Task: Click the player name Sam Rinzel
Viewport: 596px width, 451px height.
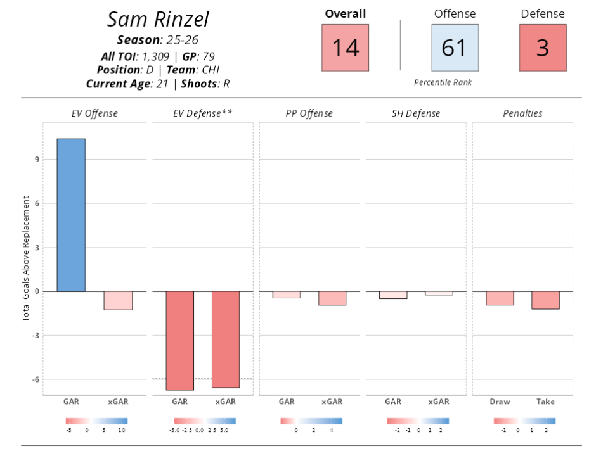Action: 158,19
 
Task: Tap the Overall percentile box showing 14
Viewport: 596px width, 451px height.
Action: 346,48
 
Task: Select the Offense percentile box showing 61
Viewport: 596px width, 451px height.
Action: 455,48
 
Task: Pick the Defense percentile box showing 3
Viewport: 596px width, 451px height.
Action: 542,48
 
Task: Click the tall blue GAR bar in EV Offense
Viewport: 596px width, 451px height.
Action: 71,215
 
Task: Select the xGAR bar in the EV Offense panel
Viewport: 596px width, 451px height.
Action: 118,300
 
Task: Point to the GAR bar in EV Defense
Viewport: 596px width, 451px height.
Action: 180,340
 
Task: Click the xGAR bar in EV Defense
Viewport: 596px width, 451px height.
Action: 226,339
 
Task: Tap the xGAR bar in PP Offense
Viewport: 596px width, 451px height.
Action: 332,298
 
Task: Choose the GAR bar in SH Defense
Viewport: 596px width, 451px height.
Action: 393,295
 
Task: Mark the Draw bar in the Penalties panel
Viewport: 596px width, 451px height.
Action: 500,298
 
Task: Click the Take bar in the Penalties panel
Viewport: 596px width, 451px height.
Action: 545,300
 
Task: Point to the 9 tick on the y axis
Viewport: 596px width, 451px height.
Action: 36,160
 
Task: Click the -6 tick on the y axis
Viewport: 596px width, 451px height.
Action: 35,379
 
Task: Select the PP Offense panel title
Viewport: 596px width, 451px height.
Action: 309,113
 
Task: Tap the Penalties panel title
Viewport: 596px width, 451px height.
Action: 522,113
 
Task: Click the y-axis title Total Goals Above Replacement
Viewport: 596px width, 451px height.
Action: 26,258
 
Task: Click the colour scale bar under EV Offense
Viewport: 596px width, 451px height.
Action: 96,421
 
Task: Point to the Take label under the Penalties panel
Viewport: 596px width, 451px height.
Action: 545,402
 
